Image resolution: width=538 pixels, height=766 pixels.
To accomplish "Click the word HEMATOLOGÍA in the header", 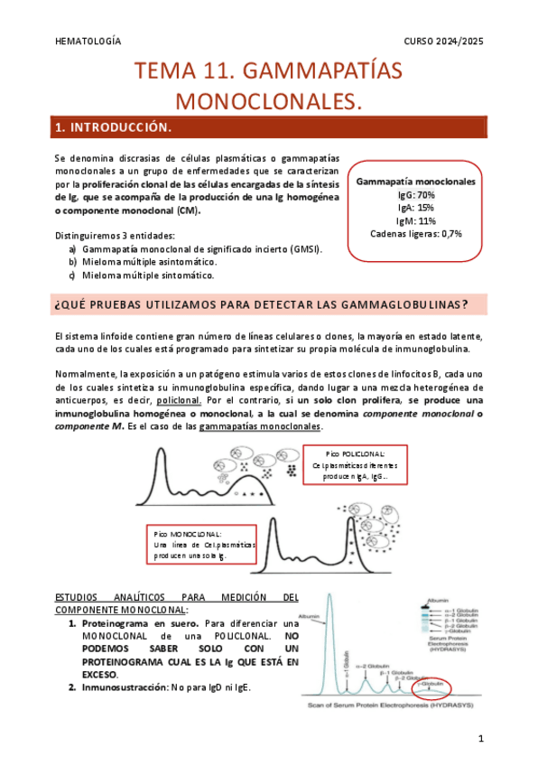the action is coord(88,42).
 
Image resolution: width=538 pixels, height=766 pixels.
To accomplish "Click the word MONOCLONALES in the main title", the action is coord(268,101).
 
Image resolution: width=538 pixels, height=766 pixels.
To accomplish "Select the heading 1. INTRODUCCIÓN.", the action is coord(113,128).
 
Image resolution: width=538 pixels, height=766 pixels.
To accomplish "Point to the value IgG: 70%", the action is coord(415,195).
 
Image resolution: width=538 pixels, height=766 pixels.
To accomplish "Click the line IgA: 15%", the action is coord(415,208).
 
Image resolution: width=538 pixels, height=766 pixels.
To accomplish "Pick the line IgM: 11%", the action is coord(415,220).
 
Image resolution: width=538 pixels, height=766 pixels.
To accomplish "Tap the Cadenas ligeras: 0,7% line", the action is coord(415,233).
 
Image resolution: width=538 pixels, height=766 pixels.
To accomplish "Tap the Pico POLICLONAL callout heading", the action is coord(354,453).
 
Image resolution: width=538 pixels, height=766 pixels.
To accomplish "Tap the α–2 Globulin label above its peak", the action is coord(371,666).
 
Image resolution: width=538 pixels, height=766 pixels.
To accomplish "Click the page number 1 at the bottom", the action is coord(481,740).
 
